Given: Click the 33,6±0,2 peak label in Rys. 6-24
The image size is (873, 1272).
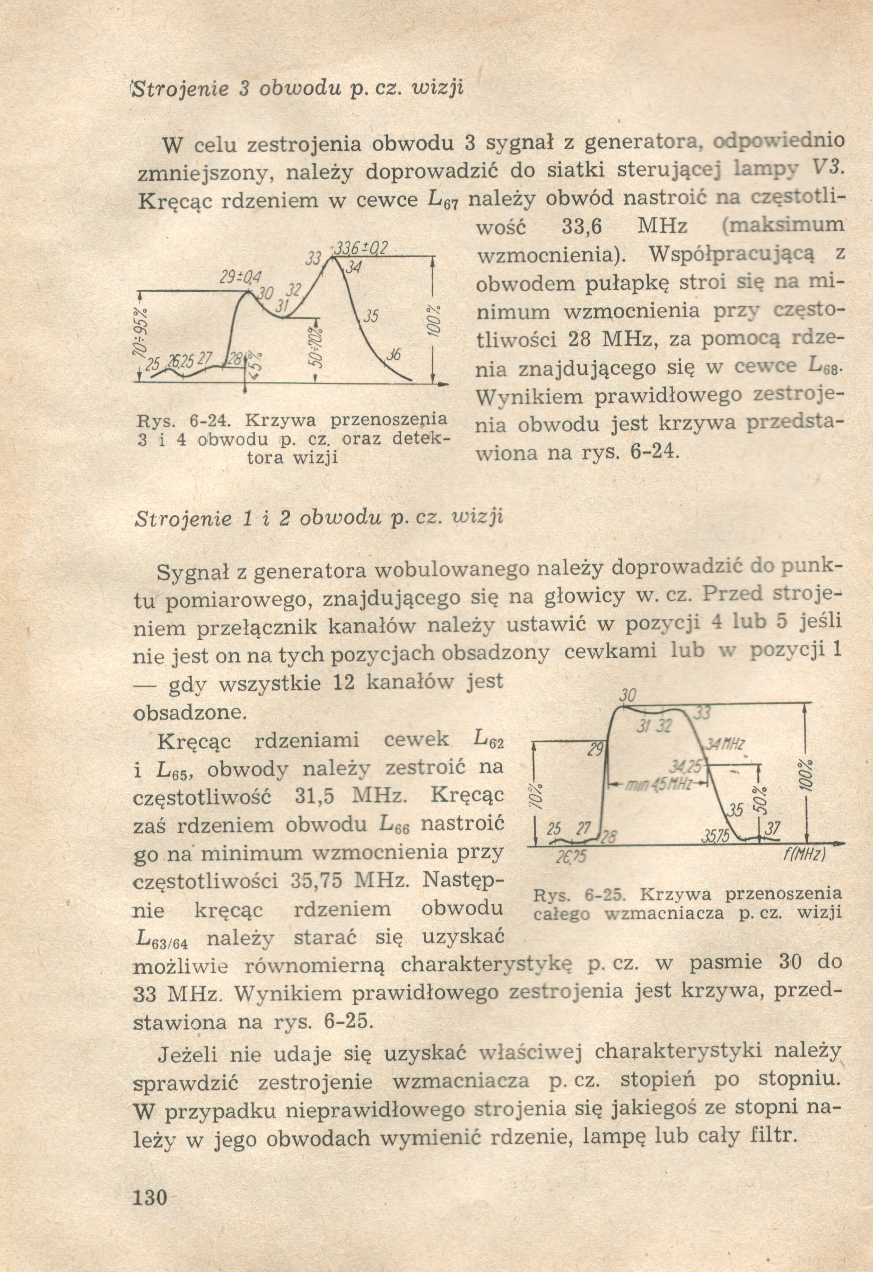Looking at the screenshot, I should (361, 249).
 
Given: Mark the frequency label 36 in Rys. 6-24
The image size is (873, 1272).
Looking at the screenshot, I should (394, 355).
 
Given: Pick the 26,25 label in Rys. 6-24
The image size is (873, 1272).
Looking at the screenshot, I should (181, 362).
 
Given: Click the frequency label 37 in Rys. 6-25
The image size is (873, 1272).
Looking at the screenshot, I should (772, 829).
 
